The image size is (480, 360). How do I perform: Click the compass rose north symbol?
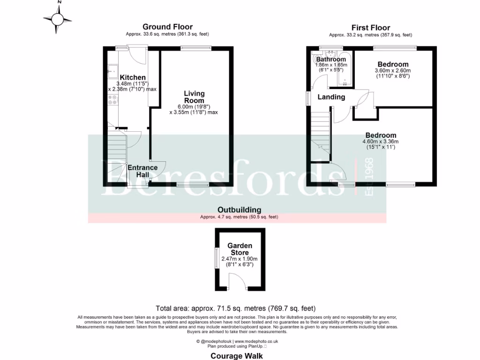58,19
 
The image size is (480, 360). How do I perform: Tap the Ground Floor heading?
167,27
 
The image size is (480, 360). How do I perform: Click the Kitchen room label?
133,77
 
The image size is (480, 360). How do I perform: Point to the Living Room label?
194,97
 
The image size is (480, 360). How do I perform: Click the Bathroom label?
330,60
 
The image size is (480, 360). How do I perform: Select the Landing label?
331,97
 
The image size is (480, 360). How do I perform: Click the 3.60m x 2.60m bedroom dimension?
393,71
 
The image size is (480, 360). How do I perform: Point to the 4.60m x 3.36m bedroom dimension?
381,142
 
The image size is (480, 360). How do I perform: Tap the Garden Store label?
240,249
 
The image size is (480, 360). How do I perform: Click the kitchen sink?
112,73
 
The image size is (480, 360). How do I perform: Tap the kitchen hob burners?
112,100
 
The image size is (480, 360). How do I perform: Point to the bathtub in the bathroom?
345,70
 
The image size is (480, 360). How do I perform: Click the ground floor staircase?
116,155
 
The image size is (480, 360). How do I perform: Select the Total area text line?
236,308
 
